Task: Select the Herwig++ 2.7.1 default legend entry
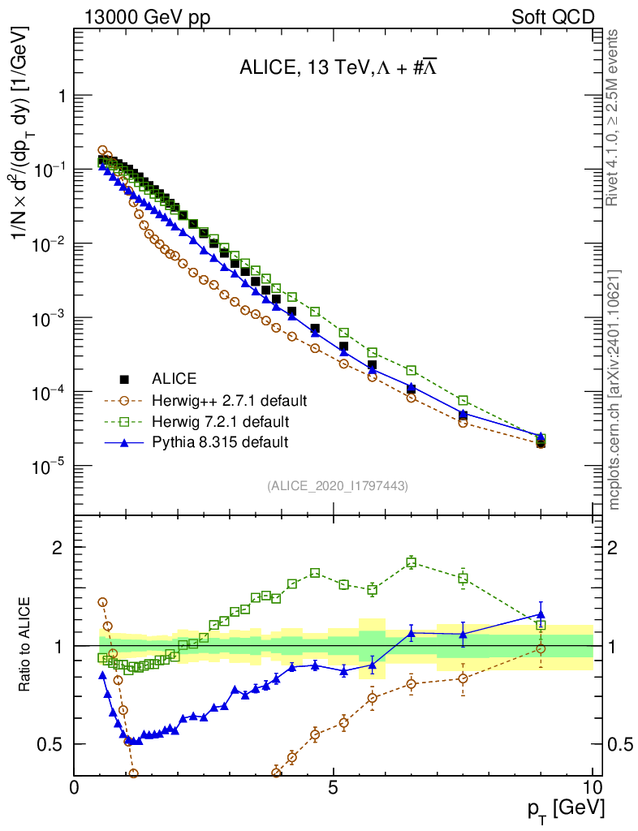[229, 400]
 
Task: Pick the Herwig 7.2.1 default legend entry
[220, 421]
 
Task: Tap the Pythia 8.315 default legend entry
[219, 442]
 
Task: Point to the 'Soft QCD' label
[553, 17]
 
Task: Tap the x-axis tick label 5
[334, 787]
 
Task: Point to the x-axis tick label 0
[75, 787]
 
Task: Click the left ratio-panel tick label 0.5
[50, 744]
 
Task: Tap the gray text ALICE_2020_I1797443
[338, 485]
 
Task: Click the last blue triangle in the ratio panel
[541, 614]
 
